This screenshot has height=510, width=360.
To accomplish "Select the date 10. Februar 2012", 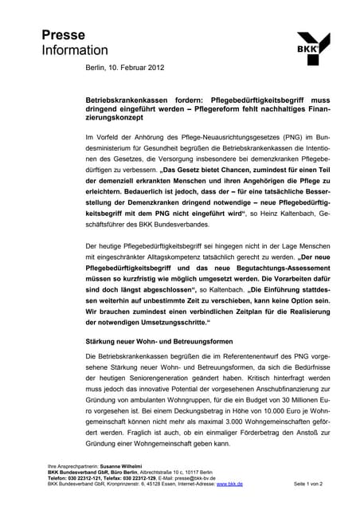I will (x=136, y=68).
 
